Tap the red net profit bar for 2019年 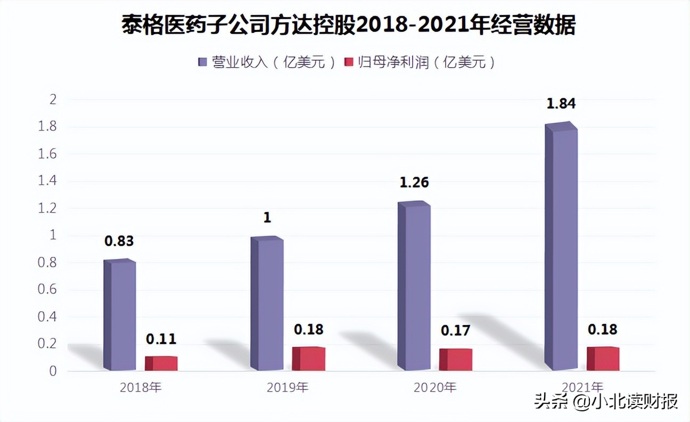(x=309, y=359)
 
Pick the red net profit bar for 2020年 (x=456, y=360)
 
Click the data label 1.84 (x=561, y=104)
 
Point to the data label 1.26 (x=414, y=183)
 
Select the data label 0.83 (x=119, y=241)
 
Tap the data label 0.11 (x=161, y=339)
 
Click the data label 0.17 (x=456, y=331)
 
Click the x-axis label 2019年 (x=288, y=387)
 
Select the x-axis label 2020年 (x=435, y=387)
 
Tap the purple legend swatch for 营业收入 (x=202, y=62)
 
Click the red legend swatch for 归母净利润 (x=349, y=62)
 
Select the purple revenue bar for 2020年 (x=414, y=288)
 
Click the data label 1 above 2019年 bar (x=267, y=218)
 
